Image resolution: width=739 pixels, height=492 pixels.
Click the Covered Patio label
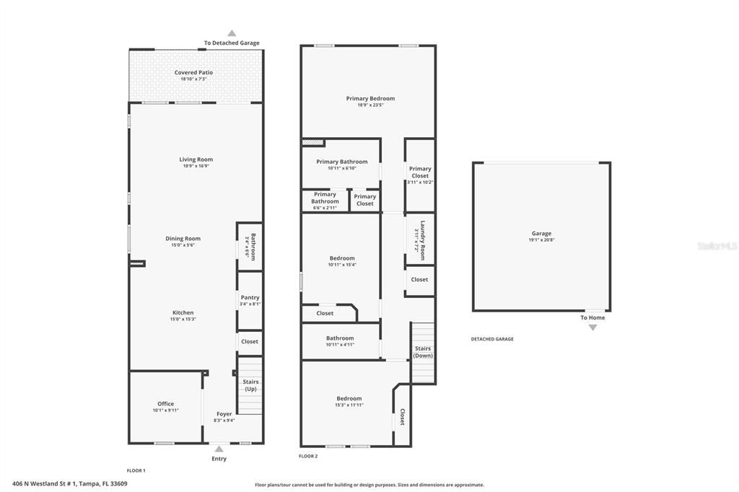(x=193, y=72)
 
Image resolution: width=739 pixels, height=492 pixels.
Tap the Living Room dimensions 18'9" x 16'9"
(x=196, y=166)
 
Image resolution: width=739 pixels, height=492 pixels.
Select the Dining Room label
(x=183, y=238)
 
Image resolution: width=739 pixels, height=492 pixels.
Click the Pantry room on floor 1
(x=250, y=300)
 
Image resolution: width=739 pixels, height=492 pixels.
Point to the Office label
(x=165, y=404)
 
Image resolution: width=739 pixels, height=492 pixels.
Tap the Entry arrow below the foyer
(x=219, y=448)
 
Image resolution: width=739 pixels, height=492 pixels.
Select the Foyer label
(x=224, y=414)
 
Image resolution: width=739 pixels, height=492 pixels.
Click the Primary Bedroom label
(x=370, y=98)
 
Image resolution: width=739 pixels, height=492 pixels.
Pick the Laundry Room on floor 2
(x=419, y=240)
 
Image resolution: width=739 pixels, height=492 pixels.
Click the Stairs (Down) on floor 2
(x=423, y=351)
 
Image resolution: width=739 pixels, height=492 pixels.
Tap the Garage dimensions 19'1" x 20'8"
(x=541, y=240)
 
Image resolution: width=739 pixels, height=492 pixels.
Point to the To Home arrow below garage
(x=592, y=327)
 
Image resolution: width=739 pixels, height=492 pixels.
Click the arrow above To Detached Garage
(x=232, y=33)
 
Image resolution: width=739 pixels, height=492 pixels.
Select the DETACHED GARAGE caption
(x=492, y=339)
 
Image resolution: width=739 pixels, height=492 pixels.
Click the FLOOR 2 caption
(x=308, y=456)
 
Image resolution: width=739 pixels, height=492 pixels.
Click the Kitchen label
(x=183, y=312)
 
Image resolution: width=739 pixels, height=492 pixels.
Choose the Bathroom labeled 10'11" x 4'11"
(x=340, y=341)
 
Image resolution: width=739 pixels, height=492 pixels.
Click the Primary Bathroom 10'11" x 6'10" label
(x=341, y=162)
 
